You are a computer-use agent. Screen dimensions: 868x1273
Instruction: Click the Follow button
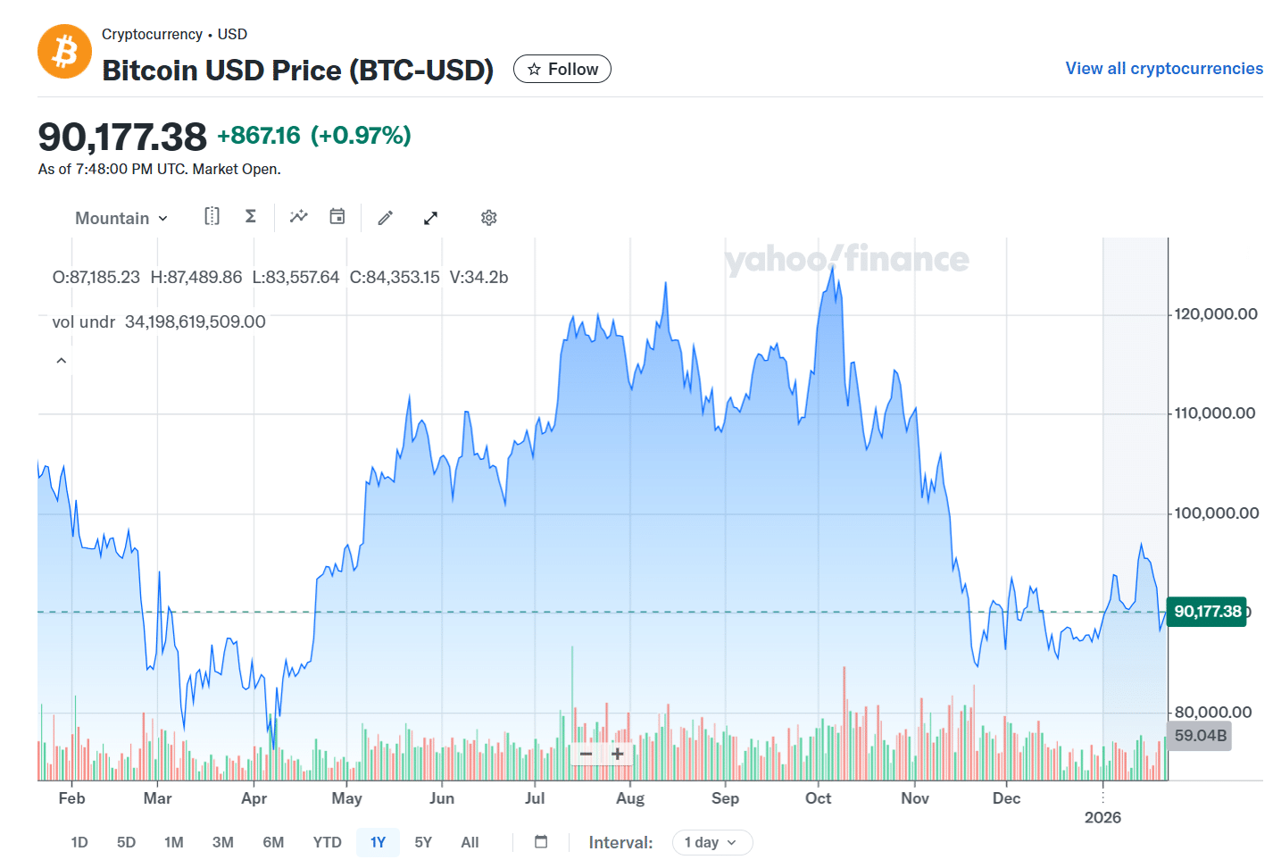(562, 69)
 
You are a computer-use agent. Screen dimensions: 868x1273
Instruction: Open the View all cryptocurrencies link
(1163, 69)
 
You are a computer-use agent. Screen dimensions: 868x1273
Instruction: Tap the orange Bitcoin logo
(64, 52)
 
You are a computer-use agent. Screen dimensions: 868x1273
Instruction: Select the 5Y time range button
(423, 842)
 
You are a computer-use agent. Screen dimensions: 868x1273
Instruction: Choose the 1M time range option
(173, 842)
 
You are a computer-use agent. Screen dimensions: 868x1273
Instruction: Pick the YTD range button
(327, 842)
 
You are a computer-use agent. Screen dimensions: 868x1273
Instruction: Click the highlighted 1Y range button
(378, 842)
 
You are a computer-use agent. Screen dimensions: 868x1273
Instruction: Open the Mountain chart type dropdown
(121, 218)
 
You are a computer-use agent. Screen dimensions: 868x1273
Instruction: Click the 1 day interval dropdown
(711, 842)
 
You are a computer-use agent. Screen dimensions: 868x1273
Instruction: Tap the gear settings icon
(488, 218)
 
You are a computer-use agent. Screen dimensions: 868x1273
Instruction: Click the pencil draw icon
(386, 218)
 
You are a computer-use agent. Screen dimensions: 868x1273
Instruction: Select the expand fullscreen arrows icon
(430, 218)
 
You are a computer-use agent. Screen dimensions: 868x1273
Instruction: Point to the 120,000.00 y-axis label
(1216, 314)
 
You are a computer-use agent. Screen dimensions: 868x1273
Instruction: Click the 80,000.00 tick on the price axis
(1212, 712)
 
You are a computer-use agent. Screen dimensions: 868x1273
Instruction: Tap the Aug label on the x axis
(629, 798)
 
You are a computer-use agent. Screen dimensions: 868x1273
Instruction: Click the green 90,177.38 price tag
(1207, 612)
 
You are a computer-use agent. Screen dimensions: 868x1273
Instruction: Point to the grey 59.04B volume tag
(1200, 736)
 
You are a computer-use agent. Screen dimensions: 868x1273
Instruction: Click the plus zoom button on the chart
(617, 755)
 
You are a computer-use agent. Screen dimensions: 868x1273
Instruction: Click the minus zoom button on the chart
(587, 755)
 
